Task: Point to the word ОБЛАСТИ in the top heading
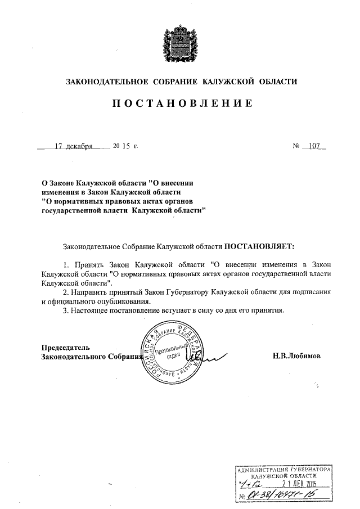276,82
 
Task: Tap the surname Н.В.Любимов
298,356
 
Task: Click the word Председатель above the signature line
66,346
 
